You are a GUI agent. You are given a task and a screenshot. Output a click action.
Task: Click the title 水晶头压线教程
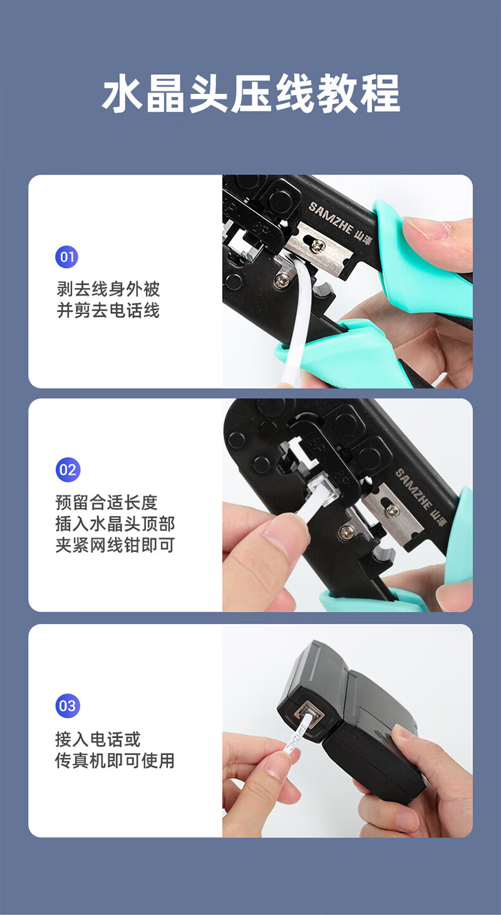pyautogui.click(x=251, y=93)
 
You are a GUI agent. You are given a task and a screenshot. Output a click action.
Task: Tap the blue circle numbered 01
pyautogui.click(x=67, y=257)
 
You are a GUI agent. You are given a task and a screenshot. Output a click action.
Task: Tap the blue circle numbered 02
pyautogui.click(x=68, y=470)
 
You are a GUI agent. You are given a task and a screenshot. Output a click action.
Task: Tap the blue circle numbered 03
pyautogui.click(x=68, y=706)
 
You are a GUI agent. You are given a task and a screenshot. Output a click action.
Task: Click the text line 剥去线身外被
pyautogui.click(x=108, y=289)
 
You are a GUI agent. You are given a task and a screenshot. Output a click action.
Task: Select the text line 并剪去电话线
pyautogui.click(x=108, y=310)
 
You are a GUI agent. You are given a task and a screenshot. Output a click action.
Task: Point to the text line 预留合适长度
pyautogui.click(x=107, y=503)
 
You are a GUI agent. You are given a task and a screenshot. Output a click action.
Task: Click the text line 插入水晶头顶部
pyautogui.click(x=115, y=523)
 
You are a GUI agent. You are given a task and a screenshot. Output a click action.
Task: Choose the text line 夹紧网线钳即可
pyautogui.click(x=115, y=545)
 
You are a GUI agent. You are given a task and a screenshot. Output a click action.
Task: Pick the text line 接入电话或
pyautogui.click(x=98, y=739)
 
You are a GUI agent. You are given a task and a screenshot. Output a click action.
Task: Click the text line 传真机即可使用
pyautogui.click(x=115, y=761)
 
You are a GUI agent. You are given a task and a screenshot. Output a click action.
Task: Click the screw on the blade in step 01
pyautogui.click(x=318, y=246)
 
